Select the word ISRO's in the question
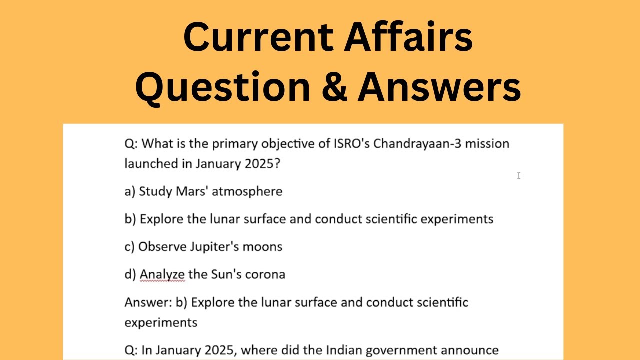(351, 144)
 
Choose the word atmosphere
(247, 191)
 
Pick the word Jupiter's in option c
(211, 247)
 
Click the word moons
(264, 247)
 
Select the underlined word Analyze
(162, 274)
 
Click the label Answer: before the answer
(148, 302)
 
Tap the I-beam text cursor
(519, 175)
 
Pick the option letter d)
(130, 274)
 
